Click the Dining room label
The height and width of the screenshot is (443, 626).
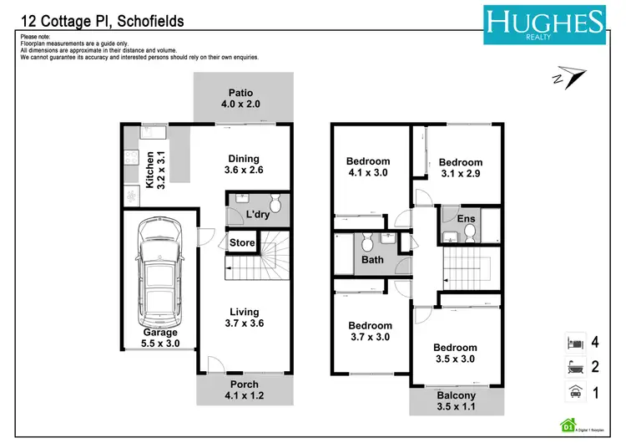click(244, 165)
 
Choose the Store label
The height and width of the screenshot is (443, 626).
click(241, 243)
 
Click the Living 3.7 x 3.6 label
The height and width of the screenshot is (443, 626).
click(245, 318)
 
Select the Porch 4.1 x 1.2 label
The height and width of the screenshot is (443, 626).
click(245, 390)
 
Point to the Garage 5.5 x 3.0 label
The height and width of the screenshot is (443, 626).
click(159, 338)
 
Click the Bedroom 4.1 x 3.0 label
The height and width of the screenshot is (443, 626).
click(368, 167)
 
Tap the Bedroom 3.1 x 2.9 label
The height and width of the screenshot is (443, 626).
click(461, 168)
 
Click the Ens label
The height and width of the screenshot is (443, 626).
click(467, 219)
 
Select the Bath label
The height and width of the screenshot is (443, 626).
click(372, 260)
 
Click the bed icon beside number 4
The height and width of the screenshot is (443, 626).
click(575, 341)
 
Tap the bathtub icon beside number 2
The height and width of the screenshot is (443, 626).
click(575, 366)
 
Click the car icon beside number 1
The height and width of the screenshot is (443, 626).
click(575, 391)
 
